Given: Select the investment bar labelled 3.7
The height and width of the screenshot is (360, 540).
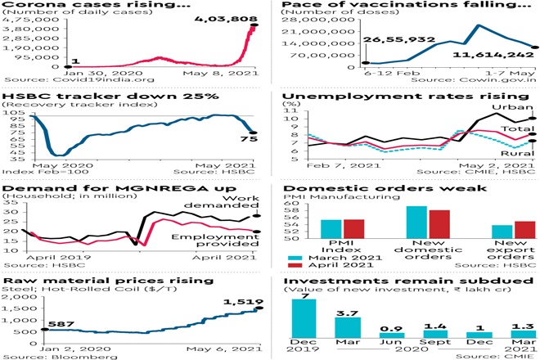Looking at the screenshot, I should pyautogui.click(x=347, y=326).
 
